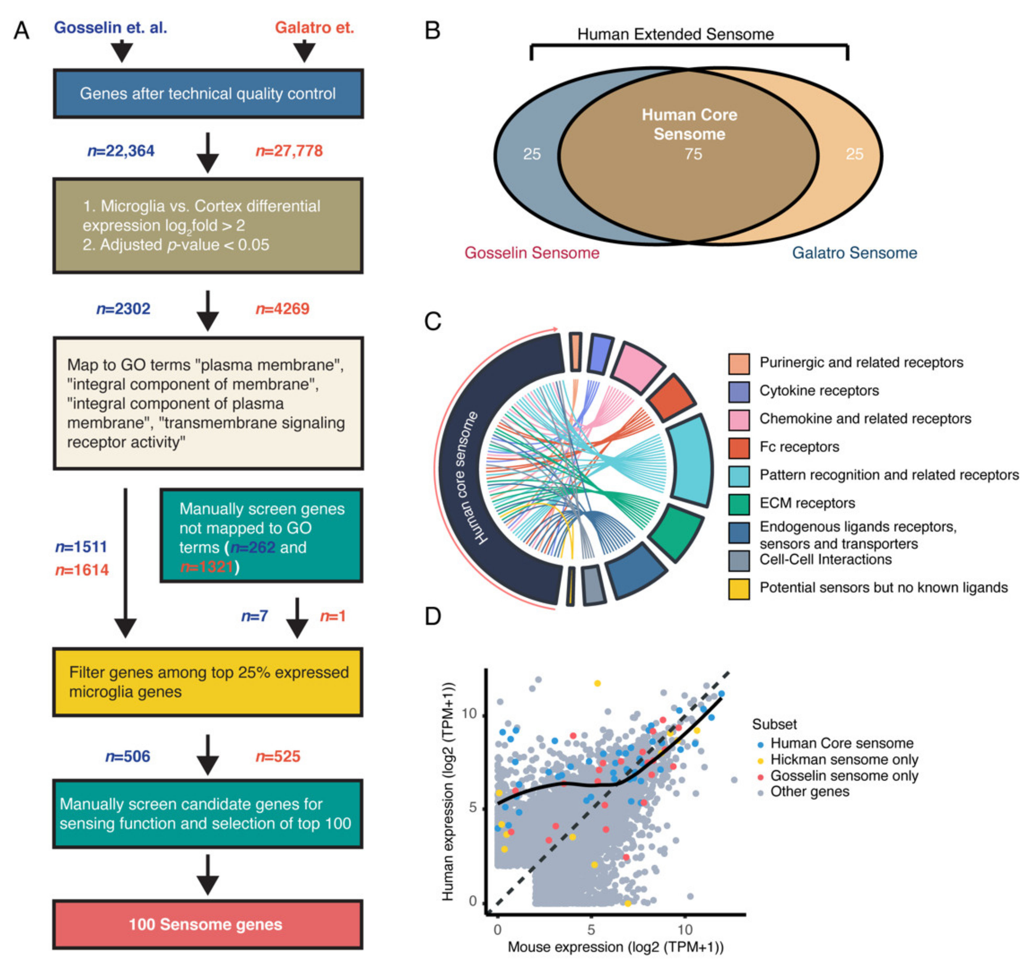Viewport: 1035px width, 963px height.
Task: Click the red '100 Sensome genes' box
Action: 207,924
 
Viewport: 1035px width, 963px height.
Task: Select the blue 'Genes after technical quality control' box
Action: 207,94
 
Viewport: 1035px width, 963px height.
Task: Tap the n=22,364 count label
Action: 121,151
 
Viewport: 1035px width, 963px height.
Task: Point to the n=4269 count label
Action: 282,309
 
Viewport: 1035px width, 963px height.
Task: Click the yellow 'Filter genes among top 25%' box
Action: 207,682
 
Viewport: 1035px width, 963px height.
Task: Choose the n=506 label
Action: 127,756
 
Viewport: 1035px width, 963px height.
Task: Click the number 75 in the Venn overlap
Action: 693,154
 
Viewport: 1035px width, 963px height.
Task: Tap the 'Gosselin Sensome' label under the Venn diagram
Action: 531,253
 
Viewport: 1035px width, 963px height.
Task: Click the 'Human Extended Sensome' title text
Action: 675,34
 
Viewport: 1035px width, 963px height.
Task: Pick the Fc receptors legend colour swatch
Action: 739,447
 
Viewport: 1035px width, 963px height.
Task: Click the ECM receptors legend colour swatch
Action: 739,503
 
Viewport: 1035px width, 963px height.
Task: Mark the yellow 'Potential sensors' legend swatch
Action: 739,589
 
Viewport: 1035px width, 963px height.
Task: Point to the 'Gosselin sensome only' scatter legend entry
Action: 844,776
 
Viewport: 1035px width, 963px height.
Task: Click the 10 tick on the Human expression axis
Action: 470,714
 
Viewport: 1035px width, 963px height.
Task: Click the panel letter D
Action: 433,616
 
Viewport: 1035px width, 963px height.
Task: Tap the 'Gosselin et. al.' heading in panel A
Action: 110,28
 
